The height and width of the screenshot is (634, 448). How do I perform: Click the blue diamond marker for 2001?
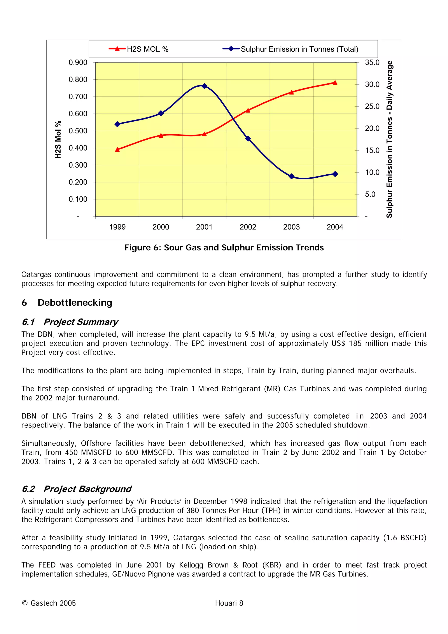click(204, 86)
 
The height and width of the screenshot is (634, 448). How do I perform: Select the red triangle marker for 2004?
click(335, 82)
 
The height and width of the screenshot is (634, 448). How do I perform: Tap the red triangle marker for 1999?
click(117, 149)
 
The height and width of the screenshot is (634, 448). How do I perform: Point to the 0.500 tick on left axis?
click(78, 131)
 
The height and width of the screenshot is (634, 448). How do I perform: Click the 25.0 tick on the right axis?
click(372, 106)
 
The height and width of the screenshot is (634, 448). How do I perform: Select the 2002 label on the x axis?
click(248, 227)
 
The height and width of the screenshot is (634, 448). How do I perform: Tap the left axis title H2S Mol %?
click(58, 139)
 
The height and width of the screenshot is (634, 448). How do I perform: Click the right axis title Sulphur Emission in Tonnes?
click(389, 139)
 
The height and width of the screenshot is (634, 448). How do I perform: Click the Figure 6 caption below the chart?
click(224, 247)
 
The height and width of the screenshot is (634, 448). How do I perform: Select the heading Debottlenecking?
click(75, 303)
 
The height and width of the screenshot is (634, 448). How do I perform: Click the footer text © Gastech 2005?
click(49, 603)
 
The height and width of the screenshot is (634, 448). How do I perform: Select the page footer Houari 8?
click(229, 603)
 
